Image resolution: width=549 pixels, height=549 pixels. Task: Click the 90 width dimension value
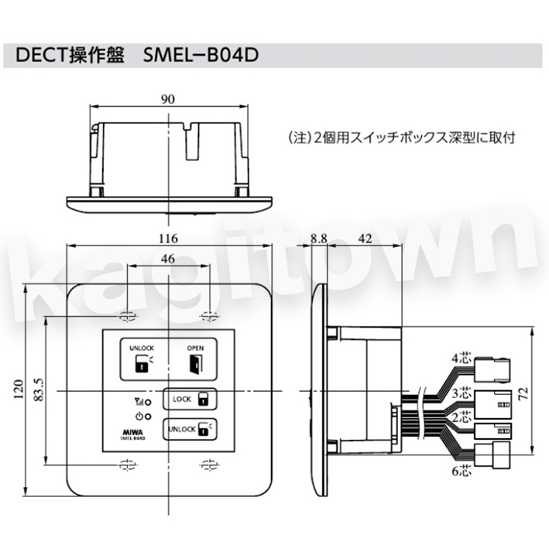point(168,99)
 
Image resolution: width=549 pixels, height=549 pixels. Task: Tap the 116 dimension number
point(168,238)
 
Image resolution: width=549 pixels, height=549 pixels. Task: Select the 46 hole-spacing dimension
point(168,259)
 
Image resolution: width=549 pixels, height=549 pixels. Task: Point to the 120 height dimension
point(19,389)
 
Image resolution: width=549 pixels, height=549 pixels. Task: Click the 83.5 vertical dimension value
point(39,389)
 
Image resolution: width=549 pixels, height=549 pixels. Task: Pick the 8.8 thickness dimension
point(318,238)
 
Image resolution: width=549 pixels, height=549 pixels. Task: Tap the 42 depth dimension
point(365,238)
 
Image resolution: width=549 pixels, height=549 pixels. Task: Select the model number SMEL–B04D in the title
point(201,55)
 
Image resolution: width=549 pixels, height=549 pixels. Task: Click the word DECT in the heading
point(41,55)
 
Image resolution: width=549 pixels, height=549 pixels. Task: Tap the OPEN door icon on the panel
point(195,364)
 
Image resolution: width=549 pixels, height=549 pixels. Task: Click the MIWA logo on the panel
point(132,432)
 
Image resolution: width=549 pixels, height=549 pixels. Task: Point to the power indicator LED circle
point(148,417)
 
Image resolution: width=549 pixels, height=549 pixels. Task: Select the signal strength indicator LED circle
point(148,402)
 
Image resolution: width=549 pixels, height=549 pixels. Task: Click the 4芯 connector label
point(462,359)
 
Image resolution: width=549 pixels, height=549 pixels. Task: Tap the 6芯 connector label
point(462,471)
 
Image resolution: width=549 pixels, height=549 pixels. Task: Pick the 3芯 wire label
point(462,393)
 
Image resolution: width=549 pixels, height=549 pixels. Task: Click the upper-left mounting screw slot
point(128,316)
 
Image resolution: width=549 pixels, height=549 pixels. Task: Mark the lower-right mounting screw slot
point(209,465)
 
